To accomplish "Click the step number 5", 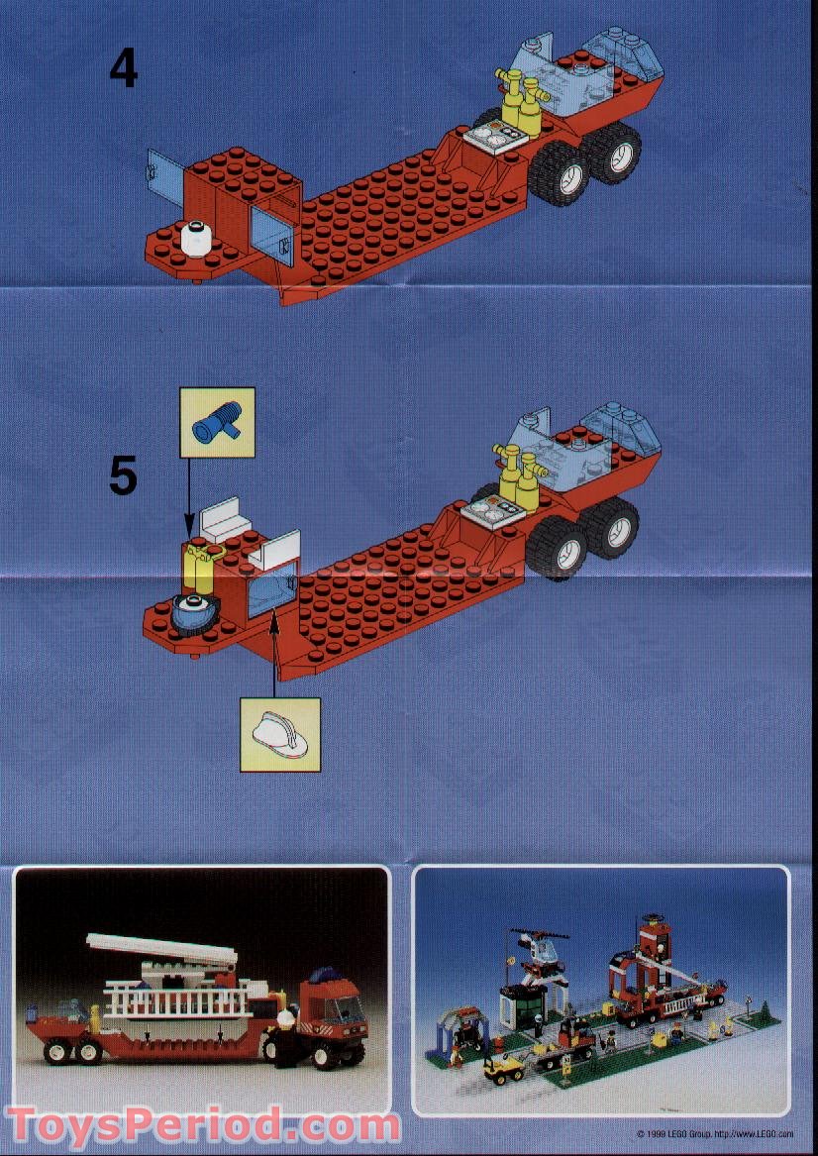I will click(x=123, y=476).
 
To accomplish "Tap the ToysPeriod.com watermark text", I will click(x=203, y=1126).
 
